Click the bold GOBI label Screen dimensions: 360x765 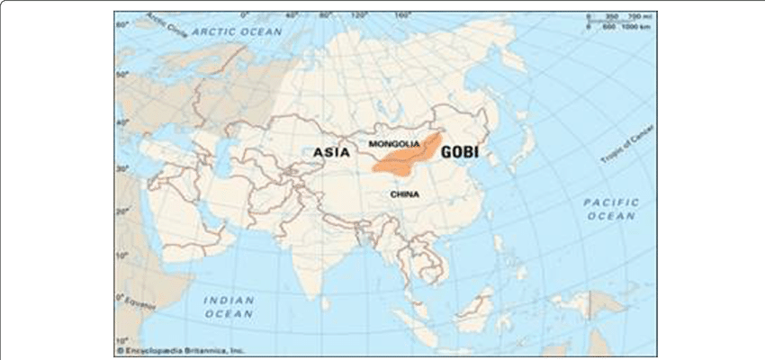tap(459, 153)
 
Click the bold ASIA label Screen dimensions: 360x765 tap(331, 153)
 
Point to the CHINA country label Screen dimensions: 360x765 tap(406, 193)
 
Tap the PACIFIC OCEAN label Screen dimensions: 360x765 tap(611, 209)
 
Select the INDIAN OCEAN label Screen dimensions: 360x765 tap(229, 306)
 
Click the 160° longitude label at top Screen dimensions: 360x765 tap(401, 15)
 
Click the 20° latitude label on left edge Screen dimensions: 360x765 tap(120, 211)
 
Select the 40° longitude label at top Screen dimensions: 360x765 tap(291, 15)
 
